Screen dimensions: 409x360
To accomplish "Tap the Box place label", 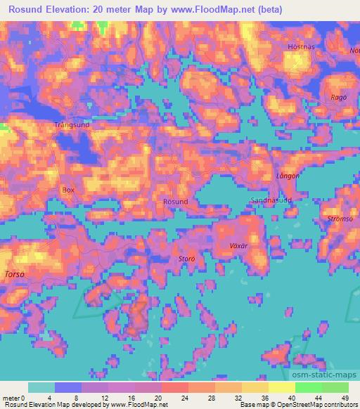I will [x=68, y=190].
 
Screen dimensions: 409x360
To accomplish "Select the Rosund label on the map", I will [x=175, y=202].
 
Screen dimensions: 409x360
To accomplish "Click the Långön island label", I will [x=288, y=176].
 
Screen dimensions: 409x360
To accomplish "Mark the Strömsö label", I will [x=340, y=219].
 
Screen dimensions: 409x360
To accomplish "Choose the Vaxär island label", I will [x=239, y=247].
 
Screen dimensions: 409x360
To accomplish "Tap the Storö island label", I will [x=186, y=259].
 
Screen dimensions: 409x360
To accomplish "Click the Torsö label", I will [x=15, y=273].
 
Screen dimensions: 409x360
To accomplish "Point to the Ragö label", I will [x=339, y=98].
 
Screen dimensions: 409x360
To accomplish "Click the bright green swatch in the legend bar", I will [x=308, y=387].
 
